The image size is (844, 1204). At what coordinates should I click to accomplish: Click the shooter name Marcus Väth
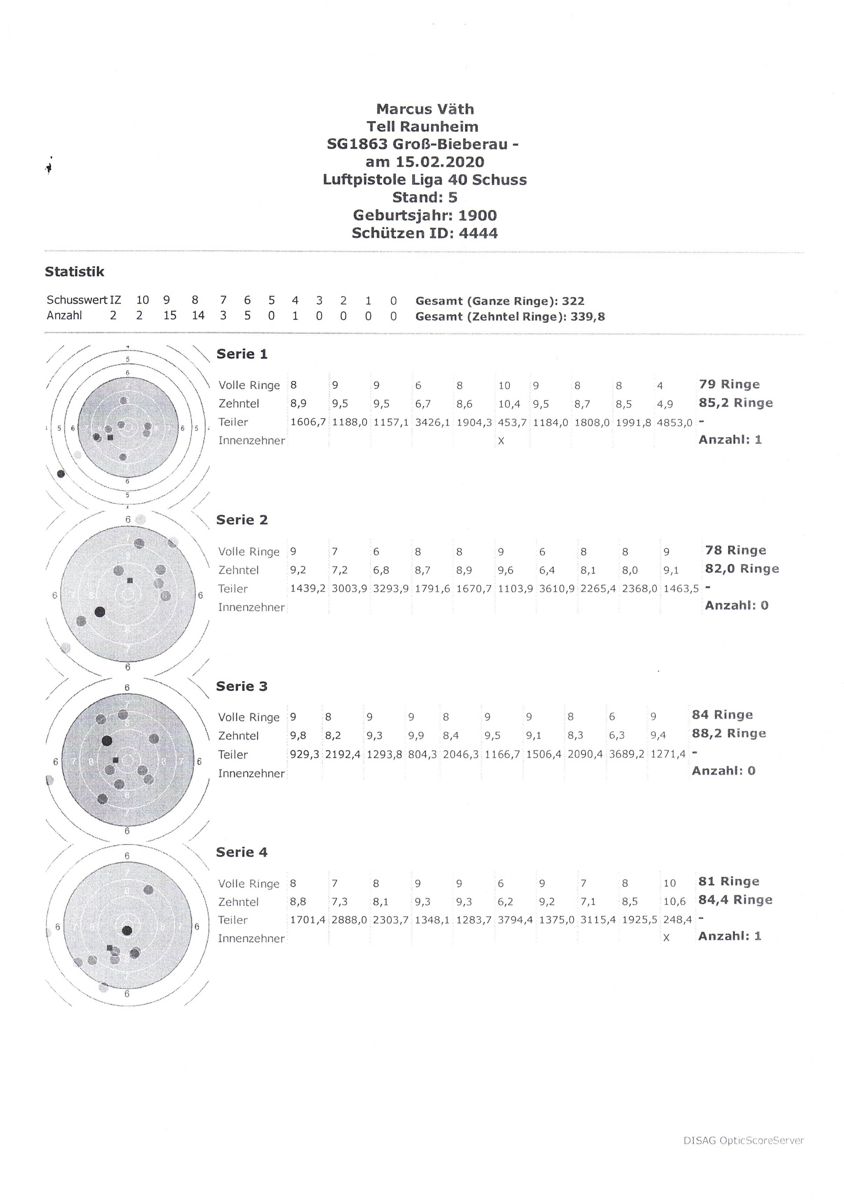pyautogui.click(x=425, y=109)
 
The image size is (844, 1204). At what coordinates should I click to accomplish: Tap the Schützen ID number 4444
pyautogui.click(x=478, y=233)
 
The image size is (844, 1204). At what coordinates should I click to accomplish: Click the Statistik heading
pyautogui.click(x=75, y=271)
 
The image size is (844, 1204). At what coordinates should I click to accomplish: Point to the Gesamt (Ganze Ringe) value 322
pyautogui.click(x=573, y=301)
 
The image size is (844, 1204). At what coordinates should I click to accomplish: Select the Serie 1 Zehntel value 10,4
pyautogui.click(x=509, y=404)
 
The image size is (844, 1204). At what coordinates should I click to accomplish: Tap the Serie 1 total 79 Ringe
pyautogui.click(x=729, y=384)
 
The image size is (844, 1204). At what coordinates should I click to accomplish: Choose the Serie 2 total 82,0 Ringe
pyautogui.click(x=742, y=569)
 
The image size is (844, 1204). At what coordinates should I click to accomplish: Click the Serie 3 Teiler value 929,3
pyautogui.click(x=304, y=755)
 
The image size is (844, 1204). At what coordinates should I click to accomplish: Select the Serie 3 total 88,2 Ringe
pyautogui.click(x=729, y=734)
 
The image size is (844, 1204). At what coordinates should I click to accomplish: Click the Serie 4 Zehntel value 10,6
pyautogui.click(x=674, y=901)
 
